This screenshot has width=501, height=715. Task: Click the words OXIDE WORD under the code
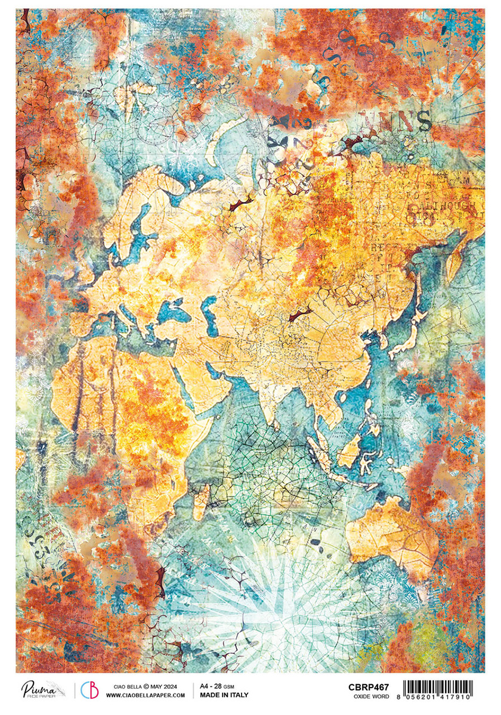point(369,695)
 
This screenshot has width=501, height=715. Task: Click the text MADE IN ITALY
point(224,695)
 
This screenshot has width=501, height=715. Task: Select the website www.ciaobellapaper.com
point(146,695)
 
